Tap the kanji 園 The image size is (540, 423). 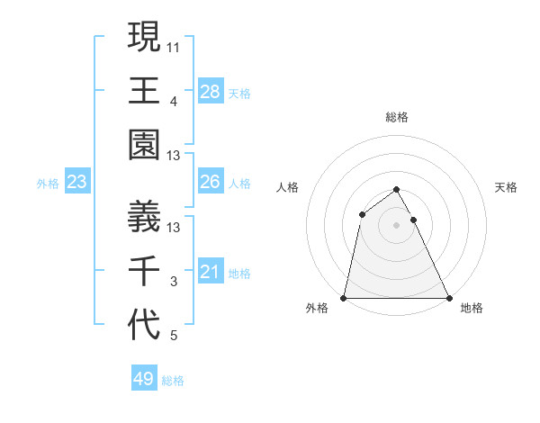[145, 145]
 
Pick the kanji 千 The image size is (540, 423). [145, 271]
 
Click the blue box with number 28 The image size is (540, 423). [211, 91]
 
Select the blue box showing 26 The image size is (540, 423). [211, 182]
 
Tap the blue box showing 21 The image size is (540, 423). [211, 272]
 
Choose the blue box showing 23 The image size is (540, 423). [77, 183]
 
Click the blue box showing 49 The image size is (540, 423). [144, 379]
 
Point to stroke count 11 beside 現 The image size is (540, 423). [175, 45]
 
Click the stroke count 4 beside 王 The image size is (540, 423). [174, 100]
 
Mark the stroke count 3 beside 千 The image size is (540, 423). [174, 282]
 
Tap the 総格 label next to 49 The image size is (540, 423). [173, 381]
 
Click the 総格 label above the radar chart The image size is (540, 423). [397, 117]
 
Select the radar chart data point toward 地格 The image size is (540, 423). [449, 298]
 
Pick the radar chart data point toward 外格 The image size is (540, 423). [344, 298]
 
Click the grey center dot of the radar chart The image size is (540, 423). [397, 225]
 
